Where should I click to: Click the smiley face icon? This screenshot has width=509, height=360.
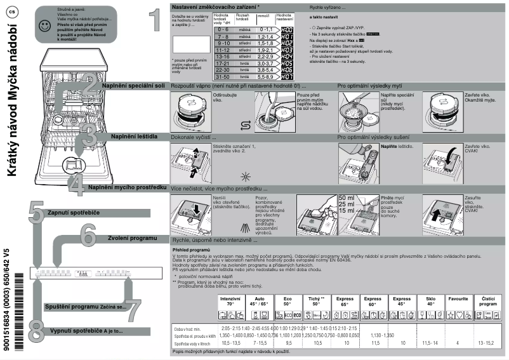pos(43,26)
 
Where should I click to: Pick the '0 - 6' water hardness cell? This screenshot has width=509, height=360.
pos(222,29)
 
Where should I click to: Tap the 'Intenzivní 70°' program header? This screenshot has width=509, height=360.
pos(230,301)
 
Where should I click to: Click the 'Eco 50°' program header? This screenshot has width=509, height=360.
pos(288,301)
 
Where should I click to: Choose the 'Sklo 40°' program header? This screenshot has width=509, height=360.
pos(430,301)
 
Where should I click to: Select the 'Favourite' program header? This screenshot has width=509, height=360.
pos(458,298)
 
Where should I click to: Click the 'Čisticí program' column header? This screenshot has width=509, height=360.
pos(487,301)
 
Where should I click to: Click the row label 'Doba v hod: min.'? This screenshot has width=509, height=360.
pos(188,328)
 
